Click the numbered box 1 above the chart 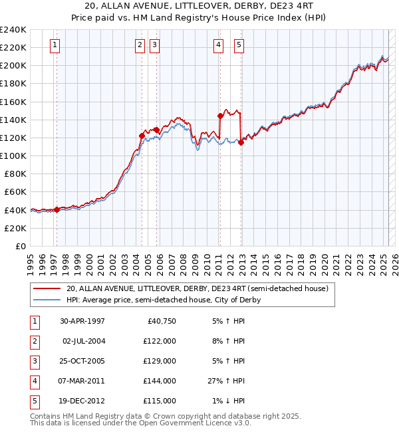coord(55,45)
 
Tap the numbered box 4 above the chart coord(218,45)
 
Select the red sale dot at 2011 coord(220,116)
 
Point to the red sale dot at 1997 coord(57,209)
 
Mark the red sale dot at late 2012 coord(241,142)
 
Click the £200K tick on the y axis coord(13,66)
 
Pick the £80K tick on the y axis coord(15,173)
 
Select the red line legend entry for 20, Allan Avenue coord(197,289)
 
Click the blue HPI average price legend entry coord(163,300)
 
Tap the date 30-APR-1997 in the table coord(82,322)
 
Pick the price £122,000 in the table coord(160,342)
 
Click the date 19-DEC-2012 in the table coord(82,401)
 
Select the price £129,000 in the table coord(160,362)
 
